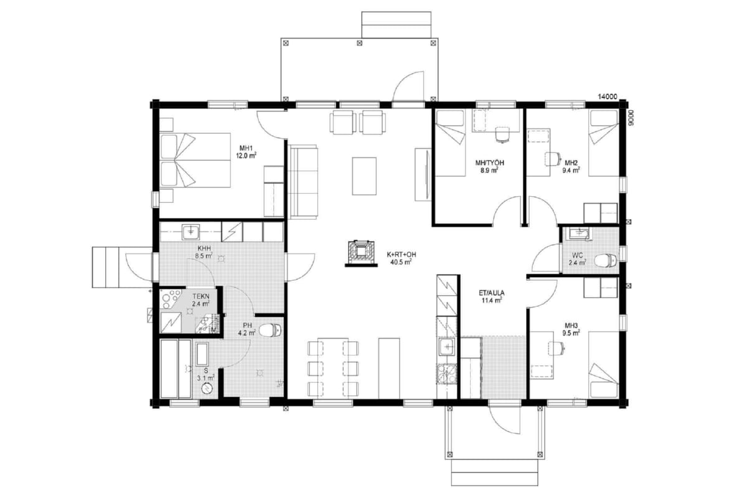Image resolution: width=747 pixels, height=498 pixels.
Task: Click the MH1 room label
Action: [246, 148]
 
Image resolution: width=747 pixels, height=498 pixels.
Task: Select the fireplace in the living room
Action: [361, 253]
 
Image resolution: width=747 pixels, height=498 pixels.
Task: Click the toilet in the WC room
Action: [606, 260]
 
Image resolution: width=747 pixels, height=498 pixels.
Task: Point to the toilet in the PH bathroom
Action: [271, 330]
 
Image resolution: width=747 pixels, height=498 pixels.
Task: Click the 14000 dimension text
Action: [608, 96]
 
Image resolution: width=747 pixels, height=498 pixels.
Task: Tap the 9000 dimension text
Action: [629, 118]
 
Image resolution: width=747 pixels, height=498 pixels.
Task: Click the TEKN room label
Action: [200, 296]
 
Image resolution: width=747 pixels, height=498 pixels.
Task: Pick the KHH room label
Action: [204, 248]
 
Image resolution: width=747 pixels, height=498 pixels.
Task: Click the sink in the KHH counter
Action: [190, 232]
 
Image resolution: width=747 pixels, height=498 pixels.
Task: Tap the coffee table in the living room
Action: [364, 176]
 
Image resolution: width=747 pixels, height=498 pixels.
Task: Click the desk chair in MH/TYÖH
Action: [502, 134]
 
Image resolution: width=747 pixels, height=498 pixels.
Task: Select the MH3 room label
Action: [571, 326]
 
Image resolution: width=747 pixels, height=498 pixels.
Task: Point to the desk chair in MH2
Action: [552, 159]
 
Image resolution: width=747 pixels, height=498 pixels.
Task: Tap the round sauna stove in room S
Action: [207, 389]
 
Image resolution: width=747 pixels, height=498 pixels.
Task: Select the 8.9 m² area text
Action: [489, 171]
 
